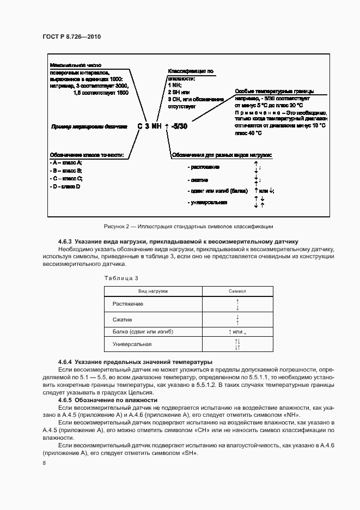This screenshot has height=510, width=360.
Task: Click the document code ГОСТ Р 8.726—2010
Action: click(x=71, y=37)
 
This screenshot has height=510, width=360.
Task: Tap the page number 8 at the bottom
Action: click(x=44, y=463)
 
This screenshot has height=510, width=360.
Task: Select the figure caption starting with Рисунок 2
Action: click(x=187, y=226)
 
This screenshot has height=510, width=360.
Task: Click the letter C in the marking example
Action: click(x=140, y=126)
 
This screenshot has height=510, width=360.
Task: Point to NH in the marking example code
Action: click(x=156, y=126)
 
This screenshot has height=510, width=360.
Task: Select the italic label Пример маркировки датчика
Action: click(x=88, y=126)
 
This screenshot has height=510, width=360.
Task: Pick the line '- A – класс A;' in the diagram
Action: click(x=66, y=163)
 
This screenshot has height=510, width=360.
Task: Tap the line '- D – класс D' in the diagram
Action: click(x=65, y=186)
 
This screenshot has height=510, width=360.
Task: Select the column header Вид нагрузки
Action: click(x=152, y=292)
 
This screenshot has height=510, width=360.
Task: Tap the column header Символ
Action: click(x=238, y=292)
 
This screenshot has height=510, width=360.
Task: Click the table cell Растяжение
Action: click(x=128, y=303)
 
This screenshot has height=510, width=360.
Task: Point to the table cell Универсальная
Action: click(x=132, y=344)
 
